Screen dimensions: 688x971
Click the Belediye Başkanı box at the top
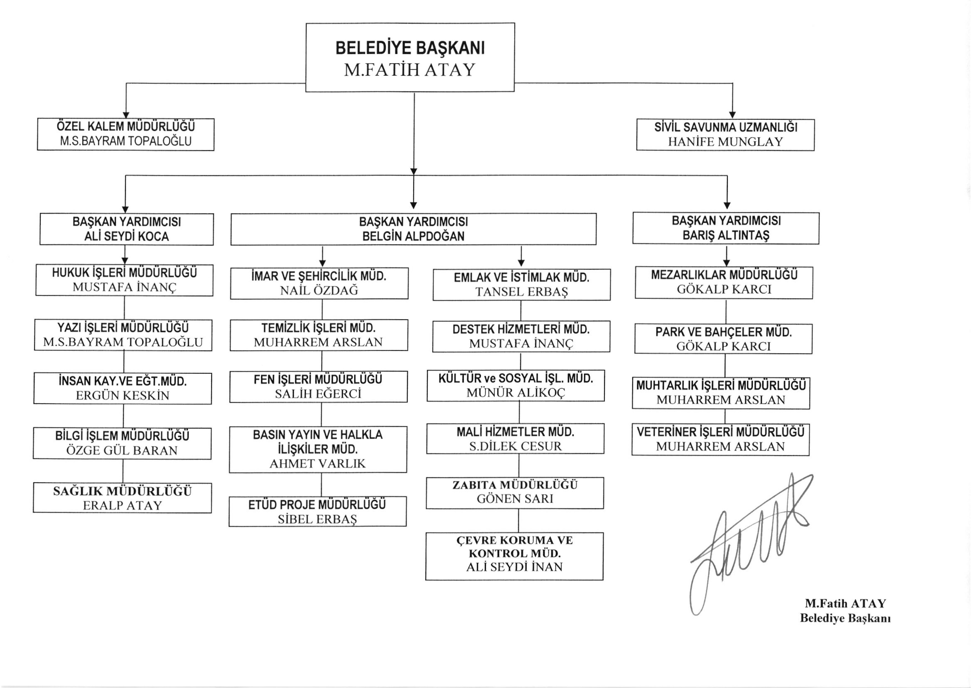pos(410,58)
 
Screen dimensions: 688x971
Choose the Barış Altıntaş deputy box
pos(725,228)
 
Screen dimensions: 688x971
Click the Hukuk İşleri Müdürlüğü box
pos(124,280)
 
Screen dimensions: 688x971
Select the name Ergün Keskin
pos(123,396)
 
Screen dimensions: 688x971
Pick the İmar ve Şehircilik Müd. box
pos(319,283)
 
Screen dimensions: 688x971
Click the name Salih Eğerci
pos(318,394)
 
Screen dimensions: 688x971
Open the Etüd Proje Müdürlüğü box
pos(317,511)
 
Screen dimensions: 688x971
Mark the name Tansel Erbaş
pos(521,292)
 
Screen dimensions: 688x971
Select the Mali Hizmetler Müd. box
pos(515,439)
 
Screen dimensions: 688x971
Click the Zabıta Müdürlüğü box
pos(515,493)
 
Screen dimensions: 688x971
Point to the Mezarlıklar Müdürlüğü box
pos(723,282)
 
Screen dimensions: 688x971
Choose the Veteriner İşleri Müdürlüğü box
pos(720,439)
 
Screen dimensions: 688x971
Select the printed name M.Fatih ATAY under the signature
pos(845,603)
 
